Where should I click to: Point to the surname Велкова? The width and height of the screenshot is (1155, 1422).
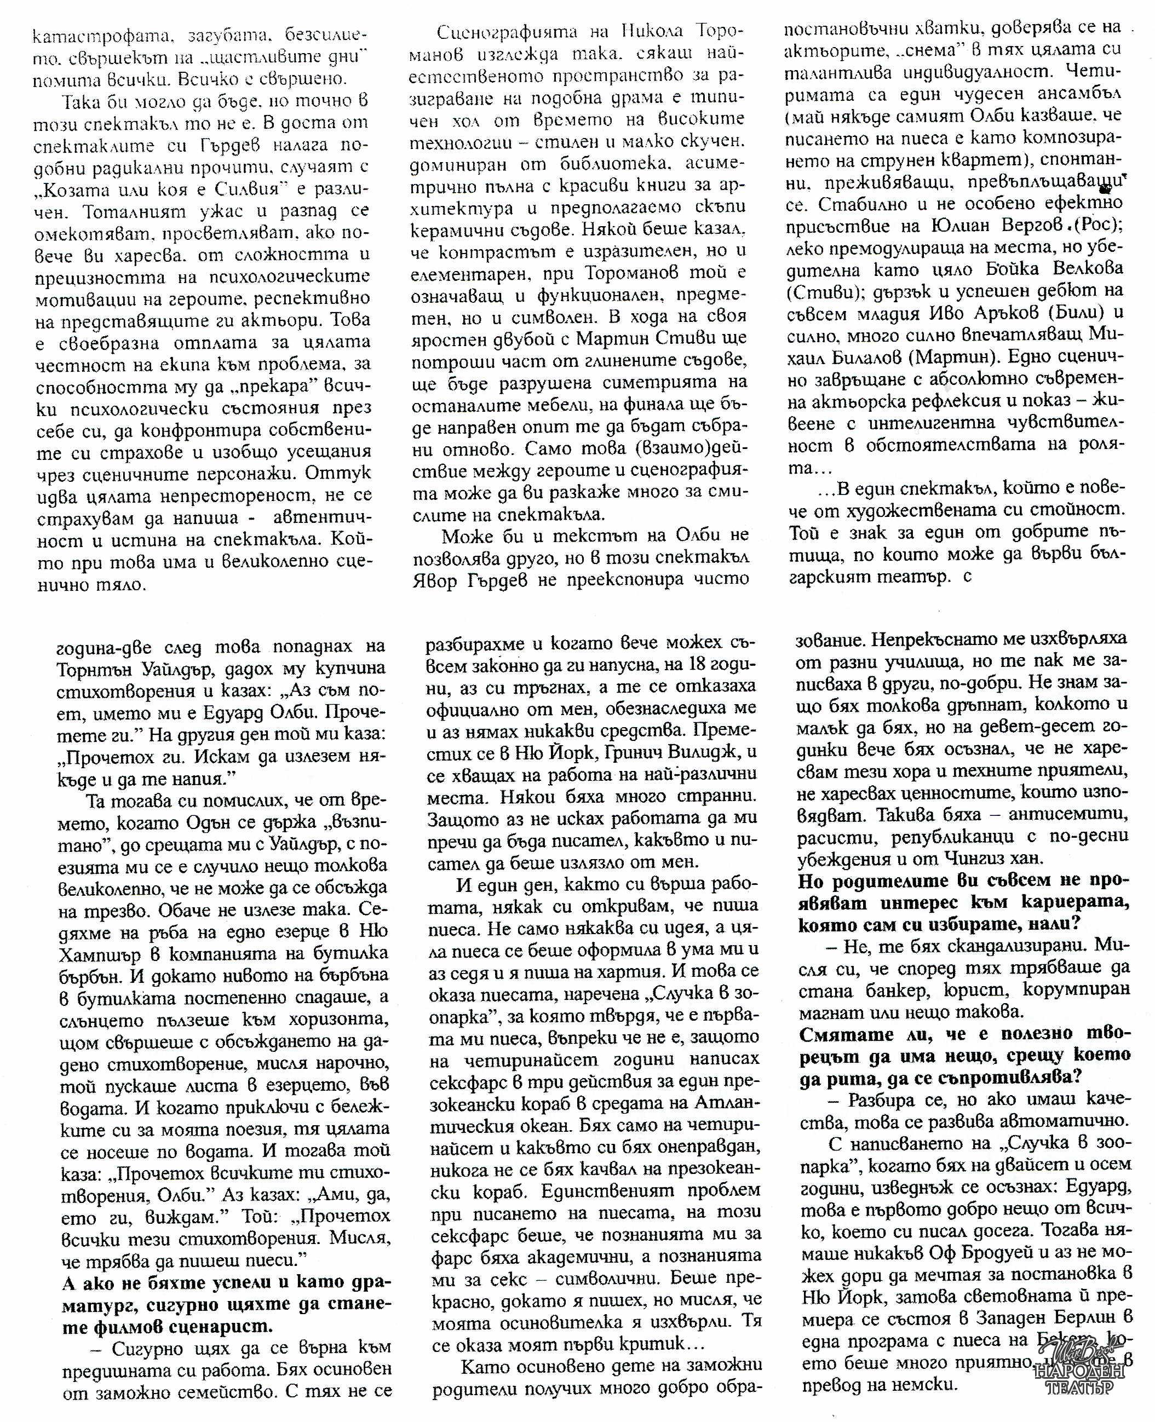1081,269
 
